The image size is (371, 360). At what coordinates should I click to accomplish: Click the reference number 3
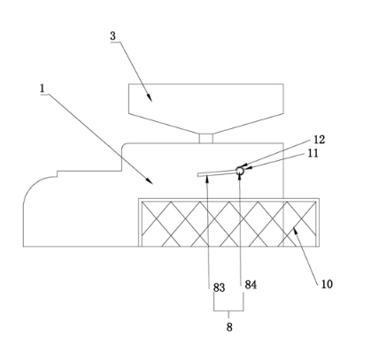click(113, 36)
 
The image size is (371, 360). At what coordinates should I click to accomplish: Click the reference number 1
click(43, 88)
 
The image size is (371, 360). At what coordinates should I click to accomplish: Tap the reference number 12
click(320, 140)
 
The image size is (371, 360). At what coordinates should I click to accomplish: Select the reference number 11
click(313, 153)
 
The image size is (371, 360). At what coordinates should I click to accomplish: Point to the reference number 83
click(220, 287)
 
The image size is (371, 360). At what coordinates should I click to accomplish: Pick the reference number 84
click(251, 285)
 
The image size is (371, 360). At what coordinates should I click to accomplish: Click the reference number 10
click(327, 284)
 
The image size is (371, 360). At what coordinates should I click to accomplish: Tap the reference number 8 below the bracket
click(229, 327)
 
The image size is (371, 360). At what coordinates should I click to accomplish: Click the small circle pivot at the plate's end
click(240, 171)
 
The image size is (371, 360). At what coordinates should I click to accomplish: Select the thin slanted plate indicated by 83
click(217, 173)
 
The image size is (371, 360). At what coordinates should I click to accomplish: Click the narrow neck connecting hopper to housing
click(205, 139)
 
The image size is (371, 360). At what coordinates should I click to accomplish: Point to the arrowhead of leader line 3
click(150, 98)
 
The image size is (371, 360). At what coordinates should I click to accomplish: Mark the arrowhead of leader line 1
click(150, 181)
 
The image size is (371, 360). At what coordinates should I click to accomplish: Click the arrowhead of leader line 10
click(294, 230)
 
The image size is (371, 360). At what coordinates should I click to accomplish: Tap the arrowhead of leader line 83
click(208, 177)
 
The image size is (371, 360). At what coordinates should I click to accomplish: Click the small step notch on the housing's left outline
click(57, 173)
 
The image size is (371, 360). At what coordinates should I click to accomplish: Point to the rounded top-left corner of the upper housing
click(124, 145)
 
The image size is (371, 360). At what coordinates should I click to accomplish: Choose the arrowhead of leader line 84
click(240, 175)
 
